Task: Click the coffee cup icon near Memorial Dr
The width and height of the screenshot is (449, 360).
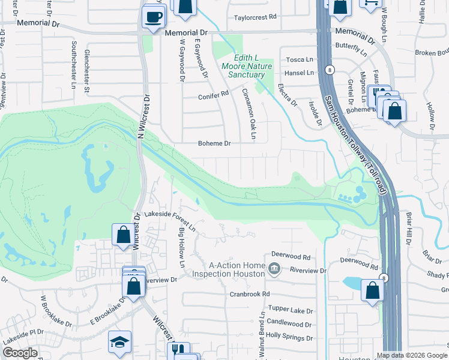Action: coord(154,16)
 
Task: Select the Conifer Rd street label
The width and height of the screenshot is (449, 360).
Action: coord(214,94)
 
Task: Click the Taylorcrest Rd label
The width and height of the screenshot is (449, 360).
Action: coord(255,17)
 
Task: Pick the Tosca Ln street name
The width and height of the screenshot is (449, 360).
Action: coord(300,59)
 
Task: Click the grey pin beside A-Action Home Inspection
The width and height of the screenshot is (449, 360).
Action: coord(274,268)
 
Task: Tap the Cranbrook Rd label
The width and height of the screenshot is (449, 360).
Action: coord(249,294)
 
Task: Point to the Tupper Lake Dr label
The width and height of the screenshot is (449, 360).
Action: coord(291,311)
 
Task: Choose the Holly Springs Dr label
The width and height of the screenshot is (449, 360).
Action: coord(289,335)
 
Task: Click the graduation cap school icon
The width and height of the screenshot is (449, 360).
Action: coord(119,342)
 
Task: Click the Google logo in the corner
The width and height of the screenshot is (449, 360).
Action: coord(19,353)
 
